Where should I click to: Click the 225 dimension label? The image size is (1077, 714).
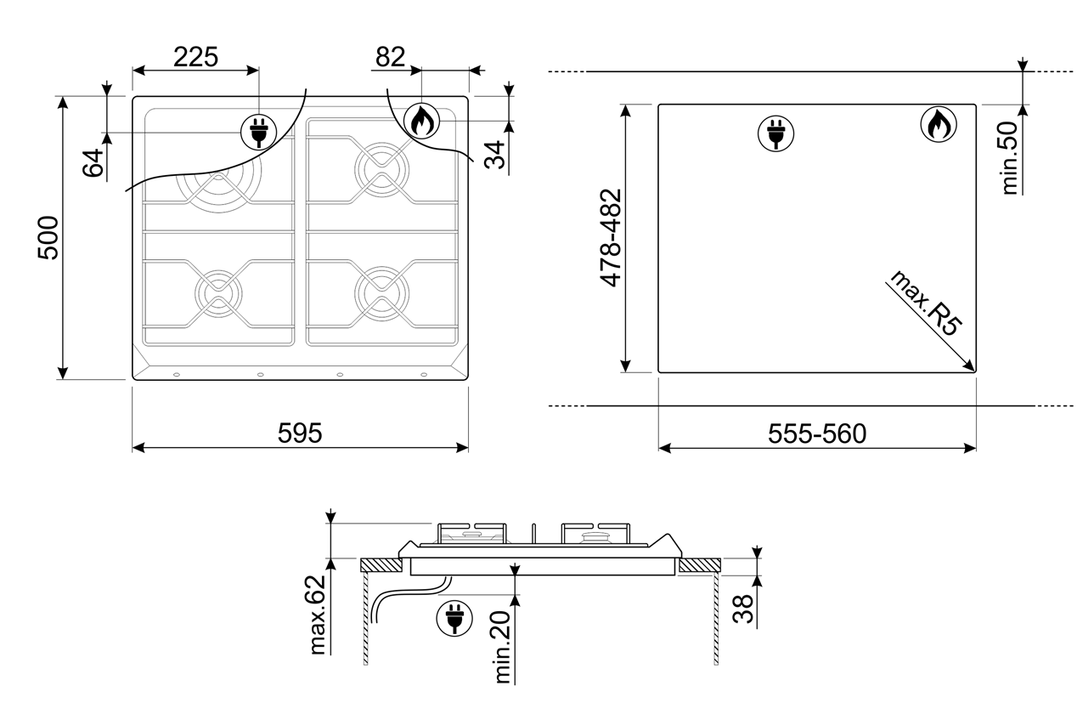coord(195,57)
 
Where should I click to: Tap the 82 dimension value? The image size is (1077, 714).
coord(390,57)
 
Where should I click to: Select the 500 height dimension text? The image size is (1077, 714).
coord(48,238)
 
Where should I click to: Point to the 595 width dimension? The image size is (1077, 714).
coord(300,433)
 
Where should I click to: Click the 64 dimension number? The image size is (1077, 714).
coord(93,162)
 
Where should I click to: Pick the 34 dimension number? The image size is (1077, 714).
coord(494,155)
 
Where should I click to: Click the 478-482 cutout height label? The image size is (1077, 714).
coord(611,238)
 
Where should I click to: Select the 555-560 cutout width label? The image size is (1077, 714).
coord(817,434)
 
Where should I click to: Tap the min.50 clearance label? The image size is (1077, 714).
coord(1010,158)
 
